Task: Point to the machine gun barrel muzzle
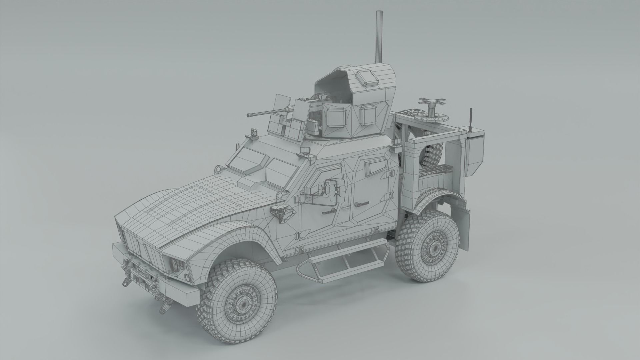point(249,115)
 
